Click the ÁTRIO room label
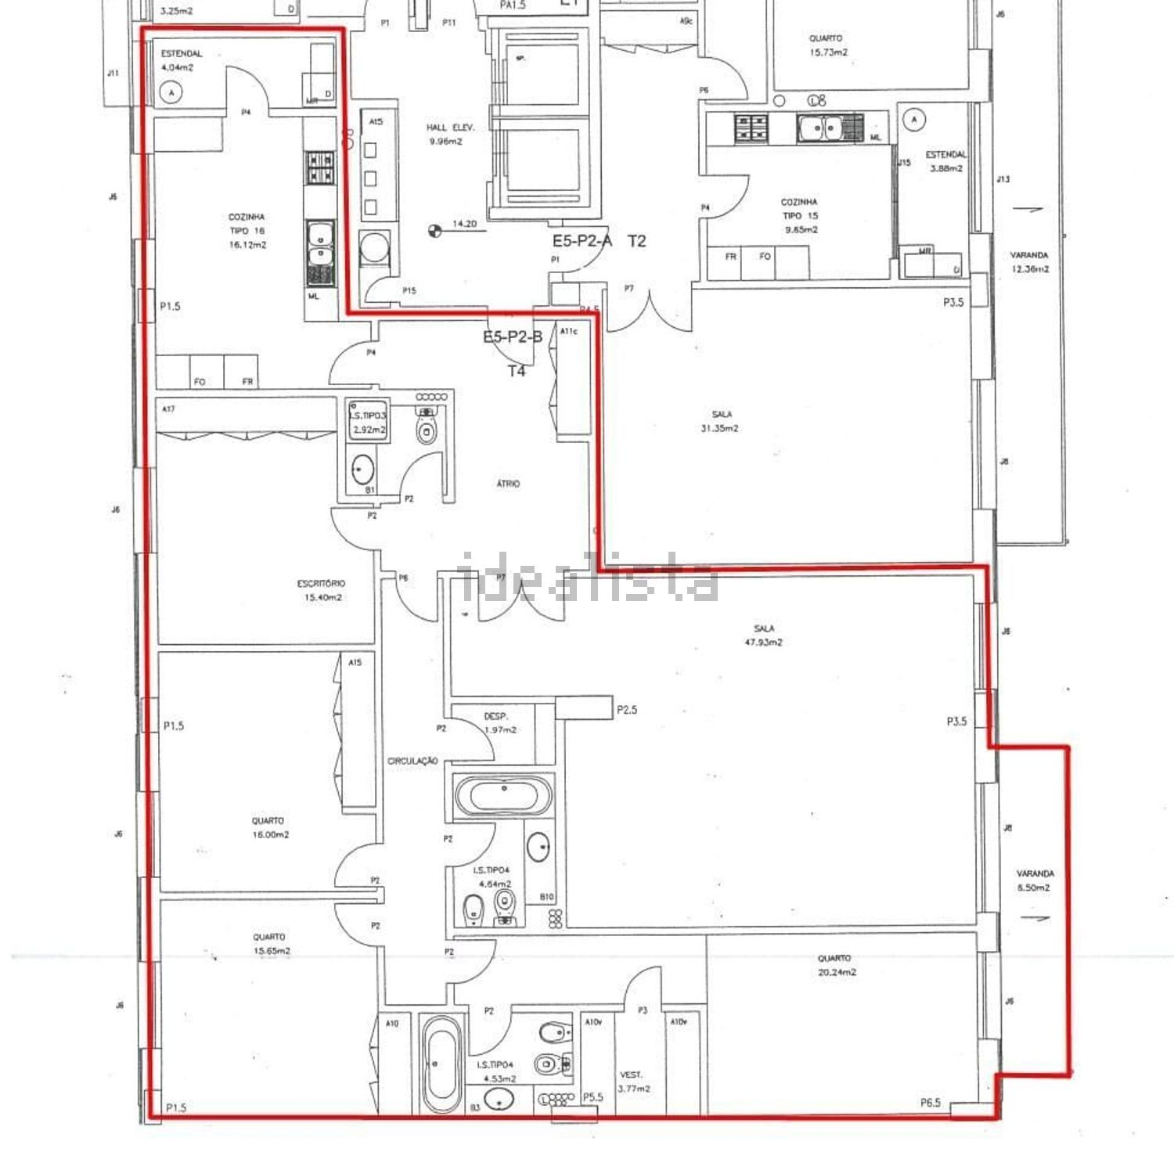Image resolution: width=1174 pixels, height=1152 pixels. [x=508, y=484]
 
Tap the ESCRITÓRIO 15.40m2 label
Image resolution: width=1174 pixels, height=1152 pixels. [x=322, y=590]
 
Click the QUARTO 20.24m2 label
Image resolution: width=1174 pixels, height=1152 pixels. [x=835, y=965]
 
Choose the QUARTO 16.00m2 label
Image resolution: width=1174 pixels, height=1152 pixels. [x=268, y=828]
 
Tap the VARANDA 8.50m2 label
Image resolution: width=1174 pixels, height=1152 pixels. [x=1035, y=880]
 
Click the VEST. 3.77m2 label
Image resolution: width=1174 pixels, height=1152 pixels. [x=632, y=1082]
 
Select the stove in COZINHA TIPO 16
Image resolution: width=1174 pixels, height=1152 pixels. [x=319, y=167]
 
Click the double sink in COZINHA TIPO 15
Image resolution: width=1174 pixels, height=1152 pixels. [x=819, y=128]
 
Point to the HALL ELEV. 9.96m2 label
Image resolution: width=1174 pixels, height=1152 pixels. [x=445, y=134]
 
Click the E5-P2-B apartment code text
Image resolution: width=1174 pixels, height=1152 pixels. [x=513, y=337]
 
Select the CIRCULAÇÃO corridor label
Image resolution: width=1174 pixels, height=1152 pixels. [x=412, y=761]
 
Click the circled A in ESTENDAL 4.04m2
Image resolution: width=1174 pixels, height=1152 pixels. [x=171, y=93]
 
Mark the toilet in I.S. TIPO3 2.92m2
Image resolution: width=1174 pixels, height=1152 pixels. [x=426, y=427]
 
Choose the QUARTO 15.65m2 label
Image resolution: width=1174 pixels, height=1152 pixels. [x=270, y=944]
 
